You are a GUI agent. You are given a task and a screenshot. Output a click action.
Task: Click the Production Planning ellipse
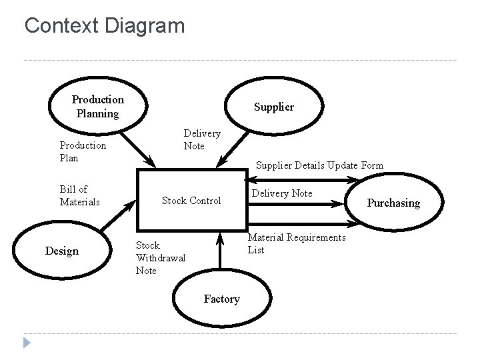pyautogui.click(x=97, y=106)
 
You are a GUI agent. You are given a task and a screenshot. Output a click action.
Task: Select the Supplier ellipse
pyautogui.click(x=273, y=107)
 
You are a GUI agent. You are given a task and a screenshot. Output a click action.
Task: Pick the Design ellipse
pyautogui.click(x=61, y=251)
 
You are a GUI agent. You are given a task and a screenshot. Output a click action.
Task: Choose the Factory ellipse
pyautogui.click(x=222, y=299)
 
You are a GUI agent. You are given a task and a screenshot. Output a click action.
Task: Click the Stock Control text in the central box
pyautogui.click(x=191, y=201)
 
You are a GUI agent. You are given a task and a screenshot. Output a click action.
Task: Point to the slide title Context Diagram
pyautogui.click(x=104, y=26)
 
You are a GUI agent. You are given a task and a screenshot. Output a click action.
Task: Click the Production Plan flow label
pyautogui.click(x=83, y=151)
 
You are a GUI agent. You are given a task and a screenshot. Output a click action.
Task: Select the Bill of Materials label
pyautogui.click(x=80, y=195)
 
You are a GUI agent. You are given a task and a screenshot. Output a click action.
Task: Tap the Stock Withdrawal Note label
pyautogui.click(x=161, y=258)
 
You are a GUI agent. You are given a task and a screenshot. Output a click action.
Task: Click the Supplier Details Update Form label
pyautogui.click(x=319, y=165)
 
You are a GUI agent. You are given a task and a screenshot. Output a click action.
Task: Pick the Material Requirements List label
pyautogui.click(x=297, y=244)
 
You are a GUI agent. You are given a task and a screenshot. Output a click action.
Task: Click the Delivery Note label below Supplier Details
pyautogui.click(x=283, y=193)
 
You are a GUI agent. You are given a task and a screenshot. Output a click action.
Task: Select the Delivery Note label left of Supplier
pyautogui.click(x=202, y=139)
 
